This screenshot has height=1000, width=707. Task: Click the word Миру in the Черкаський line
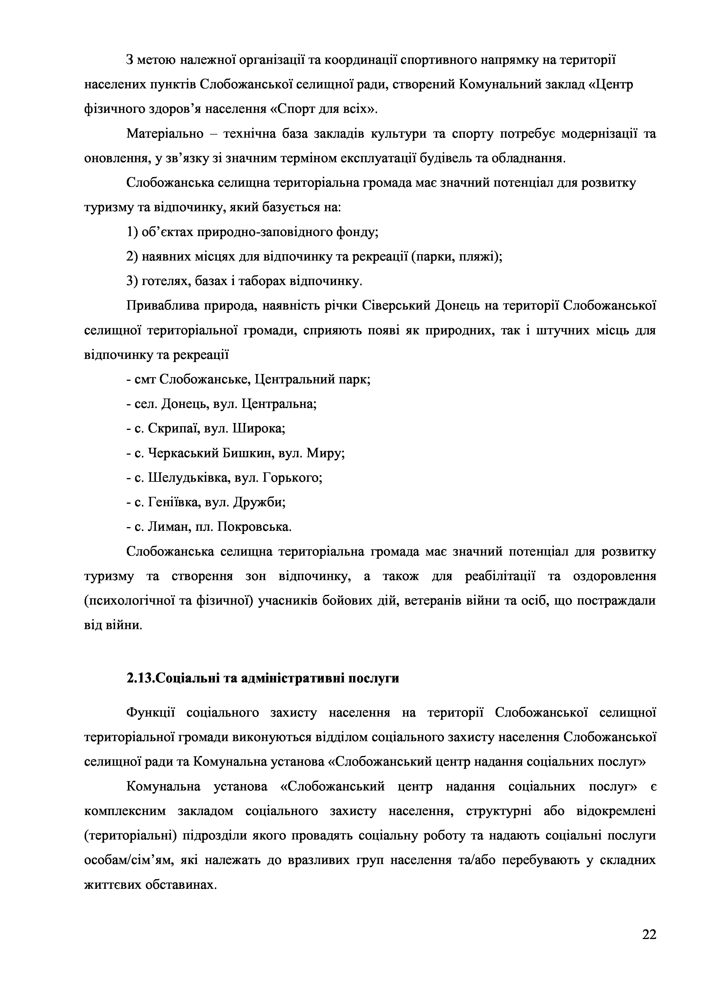click(x=325, y=454)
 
